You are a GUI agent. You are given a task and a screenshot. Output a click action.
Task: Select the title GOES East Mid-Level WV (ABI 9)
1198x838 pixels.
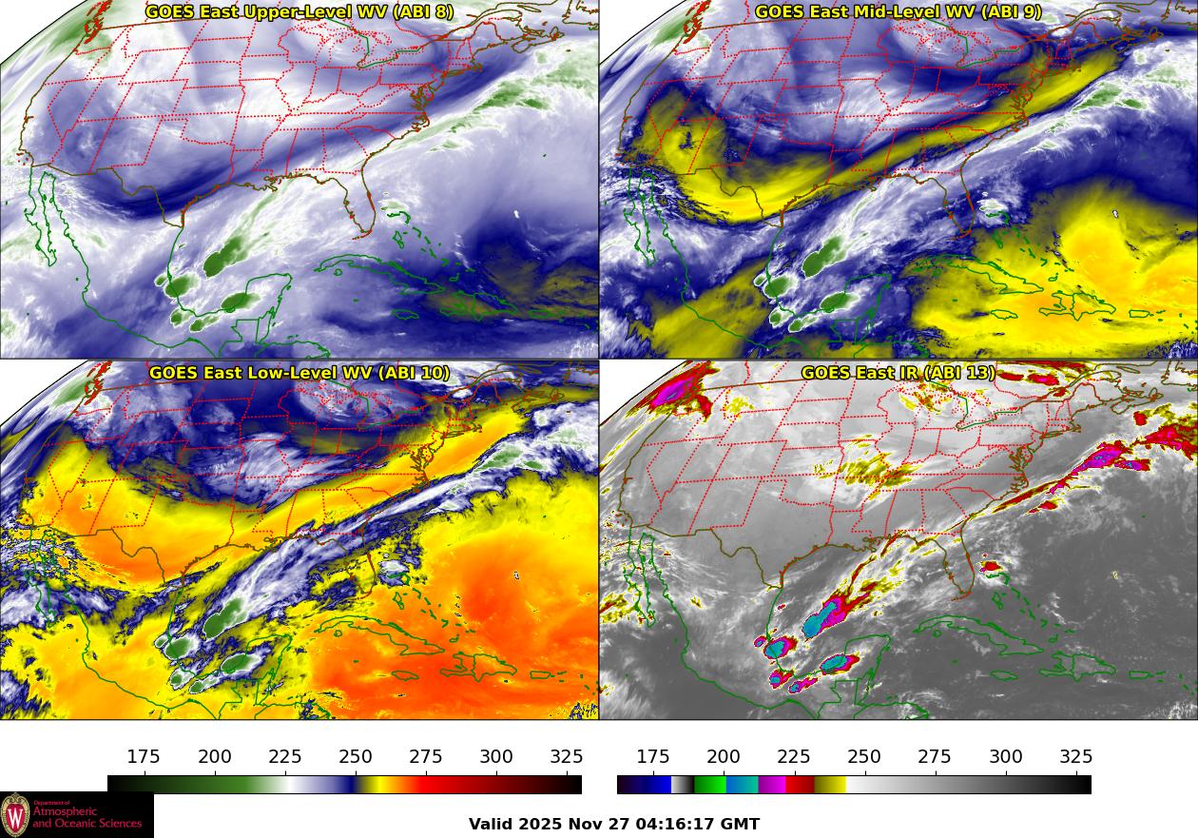[x=898, y=12]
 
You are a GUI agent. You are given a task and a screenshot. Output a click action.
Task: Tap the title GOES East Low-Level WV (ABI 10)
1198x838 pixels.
[x=299, y=373]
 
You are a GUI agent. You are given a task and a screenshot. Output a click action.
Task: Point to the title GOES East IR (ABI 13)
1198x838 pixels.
[x=898, y=373]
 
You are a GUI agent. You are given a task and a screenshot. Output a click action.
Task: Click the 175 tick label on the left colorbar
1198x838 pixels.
[x=144, y=757]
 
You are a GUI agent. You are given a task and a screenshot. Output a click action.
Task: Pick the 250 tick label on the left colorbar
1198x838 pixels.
[x=356, y=757]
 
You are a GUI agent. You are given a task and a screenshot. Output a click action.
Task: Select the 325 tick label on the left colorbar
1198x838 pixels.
[x=567, y=757]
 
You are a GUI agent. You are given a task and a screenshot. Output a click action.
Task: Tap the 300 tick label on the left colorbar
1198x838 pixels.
[x=496, y=757]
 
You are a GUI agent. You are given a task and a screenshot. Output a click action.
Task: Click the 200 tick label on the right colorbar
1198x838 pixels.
[x=724, y=757]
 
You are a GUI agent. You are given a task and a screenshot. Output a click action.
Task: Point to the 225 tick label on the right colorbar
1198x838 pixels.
[x=794, y=757]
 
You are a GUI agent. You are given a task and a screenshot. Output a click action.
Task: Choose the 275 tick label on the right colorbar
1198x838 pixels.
[x=935, y=757]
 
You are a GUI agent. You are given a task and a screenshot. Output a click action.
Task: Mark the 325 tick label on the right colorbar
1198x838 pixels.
[x=1076, y=757]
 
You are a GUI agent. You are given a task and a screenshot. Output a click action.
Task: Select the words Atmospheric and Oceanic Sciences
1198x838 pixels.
[x=87, y=818]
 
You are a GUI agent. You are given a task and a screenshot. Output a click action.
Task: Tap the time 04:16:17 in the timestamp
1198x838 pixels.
[x=678, y=824]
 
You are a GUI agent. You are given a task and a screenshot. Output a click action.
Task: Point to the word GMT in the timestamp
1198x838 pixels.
[x=741, y=824]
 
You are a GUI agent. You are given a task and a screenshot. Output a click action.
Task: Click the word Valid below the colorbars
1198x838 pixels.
[x=492, y=824]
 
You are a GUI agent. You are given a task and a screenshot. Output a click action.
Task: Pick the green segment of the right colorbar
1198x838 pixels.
[x=709, y=785]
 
